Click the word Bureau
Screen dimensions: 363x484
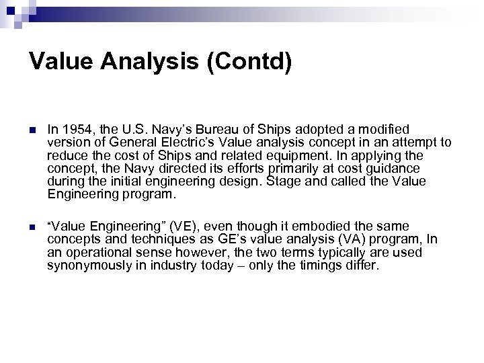coord(207,128)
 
